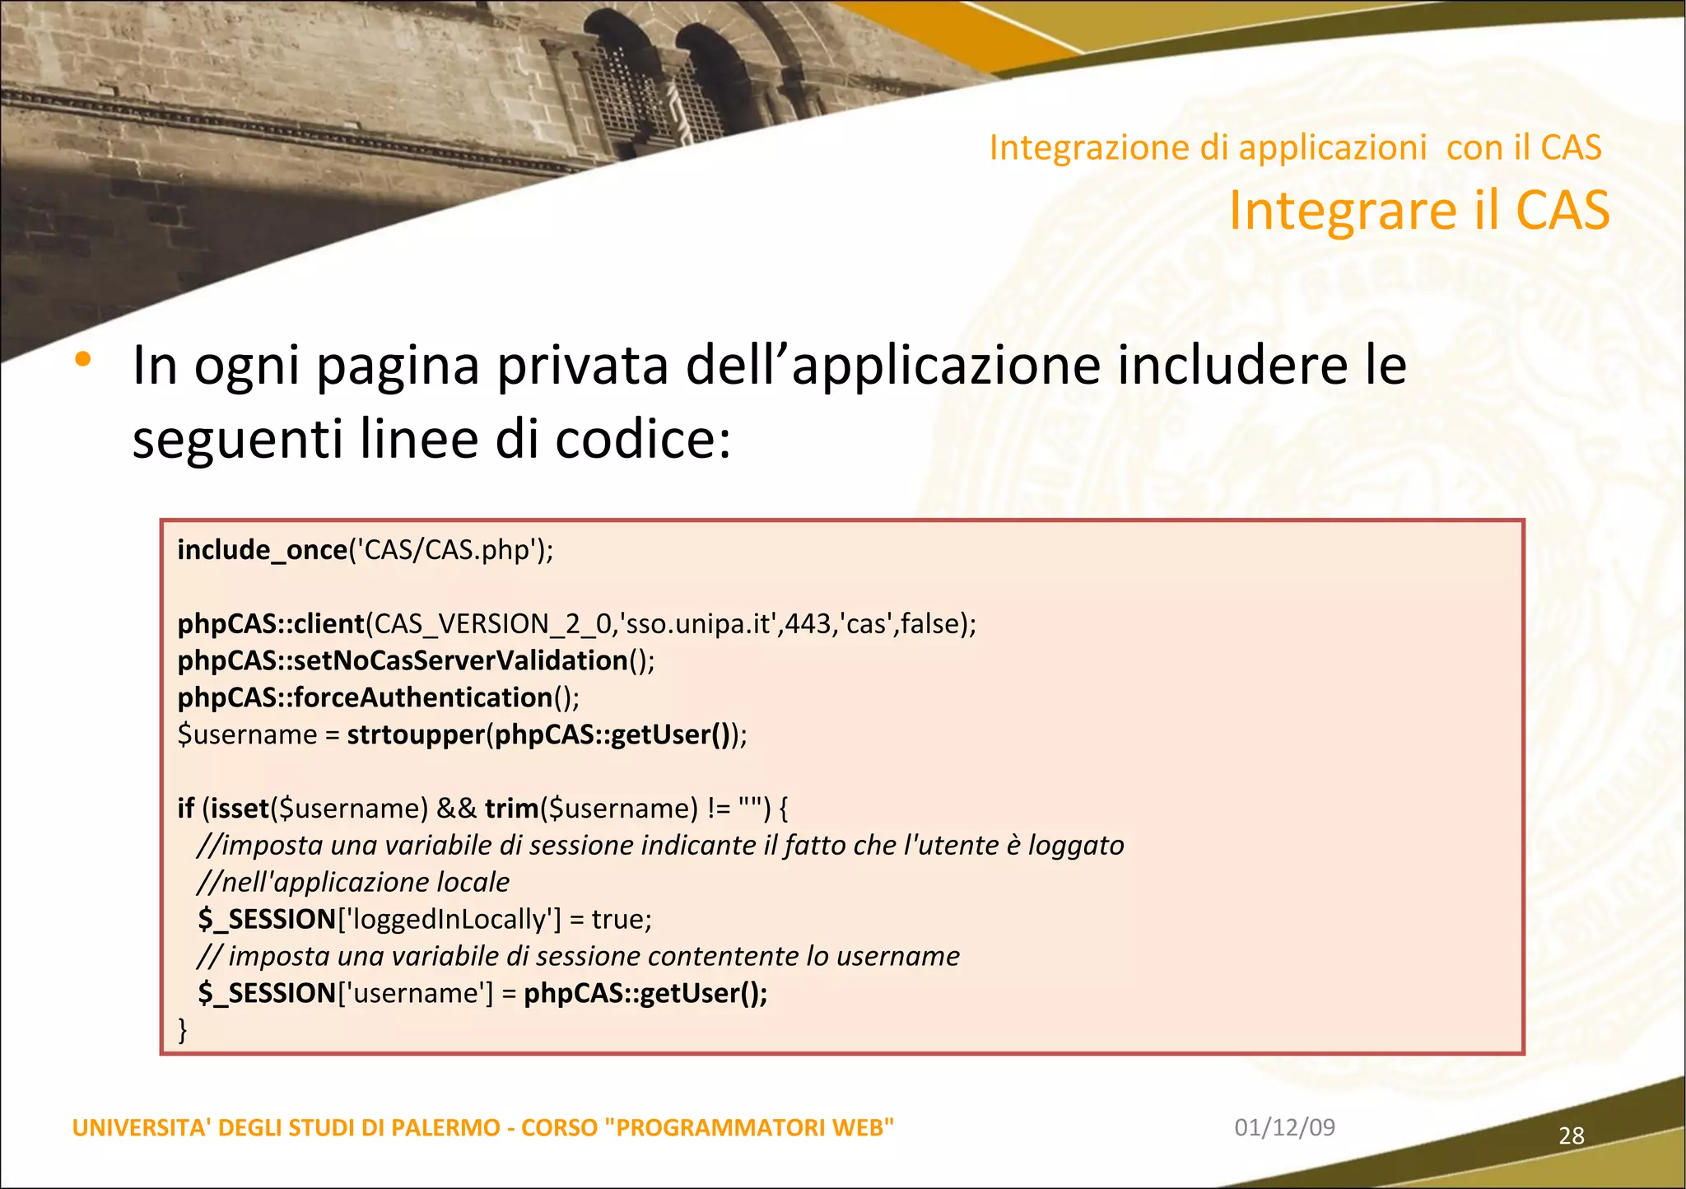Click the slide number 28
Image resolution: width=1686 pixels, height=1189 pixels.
(x=1571, y=1136)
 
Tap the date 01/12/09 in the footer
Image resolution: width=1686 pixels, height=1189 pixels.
(x=1284, y=1127)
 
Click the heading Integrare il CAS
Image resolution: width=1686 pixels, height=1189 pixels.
(x=1418, y=211)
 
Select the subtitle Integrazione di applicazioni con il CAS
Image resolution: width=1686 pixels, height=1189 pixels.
(x=1294, y=148)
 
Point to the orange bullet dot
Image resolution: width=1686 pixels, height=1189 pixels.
(x=83, y=359)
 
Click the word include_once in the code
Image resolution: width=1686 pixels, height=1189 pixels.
(x=262, y=550)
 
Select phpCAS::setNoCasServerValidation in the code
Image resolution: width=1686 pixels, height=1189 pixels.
(x=403, y=660)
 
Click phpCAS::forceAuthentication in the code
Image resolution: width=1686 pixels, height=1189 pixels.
(x=365, y=697)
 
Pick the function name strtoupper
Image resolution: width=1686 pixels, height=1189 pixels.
(x=415, y=734)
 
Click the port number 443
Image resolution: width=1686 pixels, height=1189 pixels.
(x=808, y=624)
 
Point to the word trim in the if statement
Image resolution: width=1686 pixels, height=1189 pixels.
(x=511, y=809)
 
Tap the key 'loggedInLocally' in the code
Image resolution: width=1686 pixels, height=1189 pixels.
(x=449, y=919)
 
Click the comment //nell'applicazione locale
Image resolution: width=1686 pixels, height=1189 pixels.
(x=353, y=883)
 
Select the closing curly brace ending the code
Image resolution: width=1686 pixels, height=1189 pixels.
(x=183, y=1029)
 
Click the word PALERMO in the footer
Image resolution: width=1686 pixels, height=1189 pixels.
(x=445, y=1127)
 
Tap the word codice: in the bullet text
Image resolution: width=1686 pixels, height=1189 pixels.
(x=642, y=439)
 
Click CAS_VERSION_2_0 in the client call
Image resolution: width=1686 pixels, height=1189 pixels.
(x=492, y=624)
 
